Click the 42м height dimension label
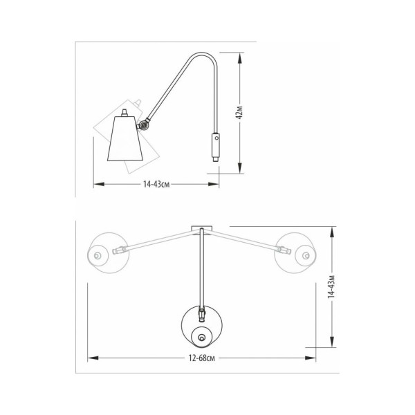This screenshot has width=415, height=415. (x=239, y=112)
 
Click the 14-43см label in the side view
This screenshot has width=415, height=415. (x=156, y=184)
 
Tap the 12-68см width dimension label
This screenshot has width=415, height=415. (x=202, y=358)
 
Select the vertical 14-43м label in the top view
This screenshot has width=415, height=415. (x=331, y=286)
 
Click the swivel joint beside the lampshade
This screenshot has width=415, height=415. (x=145, y=125)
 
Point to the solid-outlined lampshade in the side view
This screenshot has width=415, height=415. (x=125, y=138)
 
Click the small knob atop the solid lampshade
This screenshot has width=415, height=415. (x=124, y=113)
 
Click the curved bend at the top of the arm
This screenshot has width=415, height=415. (x=203, y=53)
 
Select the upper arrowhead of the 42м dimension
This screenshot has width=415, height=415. (x=240, y=57)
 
